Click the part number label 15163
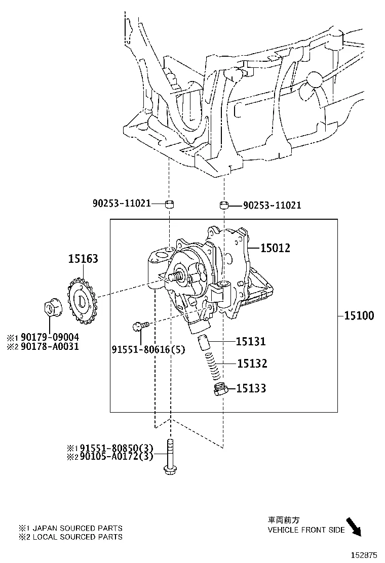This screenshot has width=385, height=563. (84, 259)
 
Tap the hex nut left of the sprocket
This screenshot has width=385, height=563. (51, 308)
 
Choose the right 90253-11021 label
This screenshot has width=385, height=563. (272, 206)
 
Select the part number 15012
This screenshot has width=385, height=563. (275, 248)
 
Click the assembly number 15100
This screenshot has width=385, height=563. (359, 316)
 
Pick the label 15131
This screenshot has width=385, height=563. (251, 342)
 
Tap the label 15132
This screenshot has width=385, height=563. (251, 364)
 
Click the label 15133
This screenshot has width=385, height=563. (251, 389)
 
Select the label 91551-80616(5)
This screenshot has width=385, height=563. (141, 349)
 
